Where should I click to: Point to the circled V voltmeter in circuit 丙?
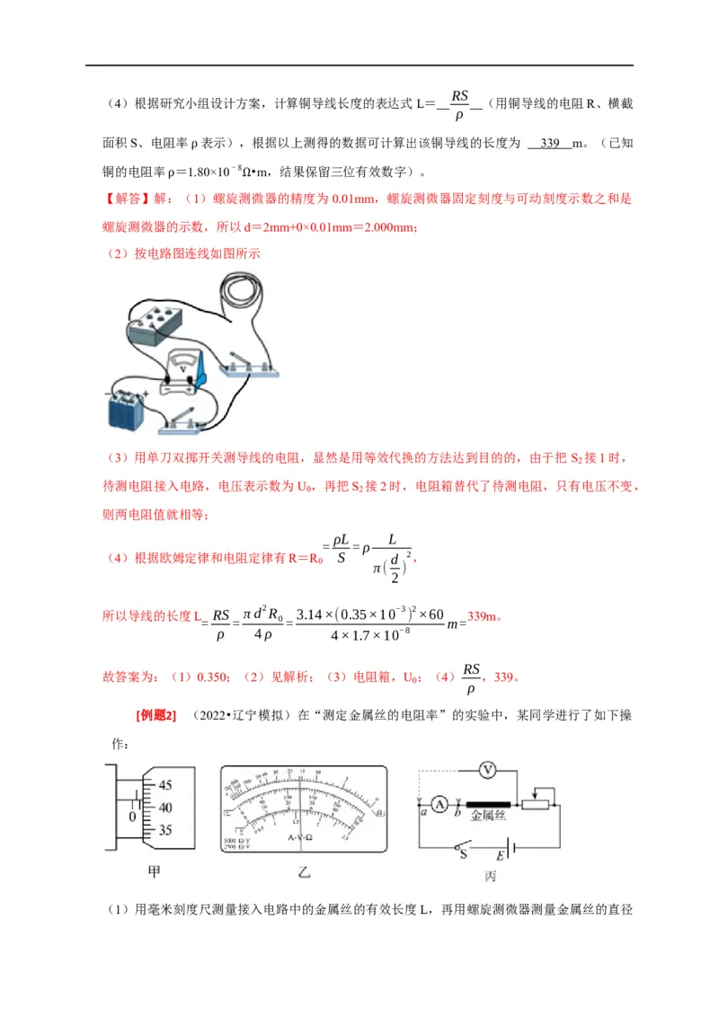pyautogui.click(x=487, y=770)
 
